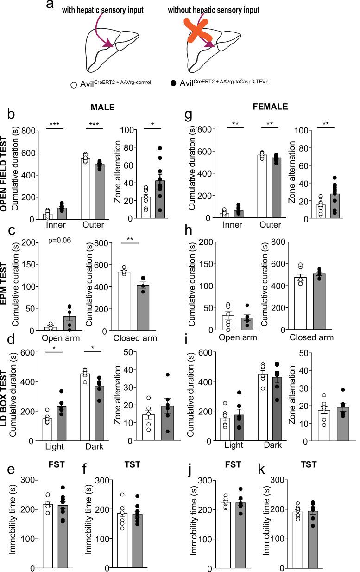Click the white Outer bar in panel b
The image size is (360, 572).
point(86,188)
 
